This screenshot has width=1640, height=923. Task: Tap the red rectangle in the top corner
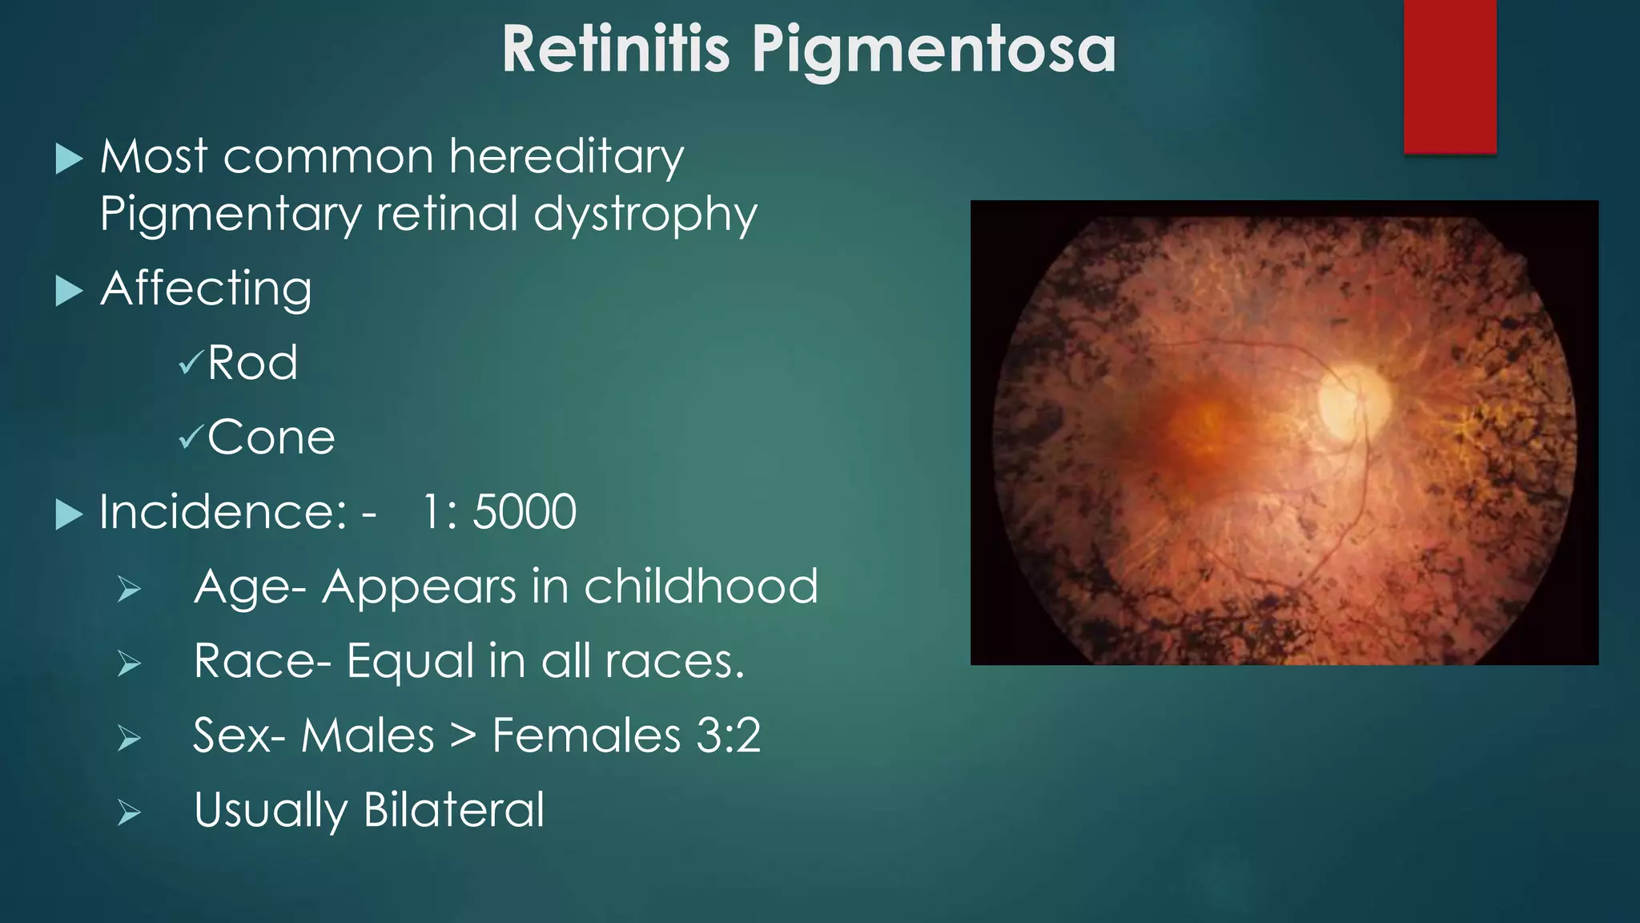click(1449, 76)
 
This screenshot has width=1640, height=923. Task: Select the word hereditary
click(566, 156)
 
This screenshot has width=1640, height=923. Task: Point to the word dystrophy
click(645, 215)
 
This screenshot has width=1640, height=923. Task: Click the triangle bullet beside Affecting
click(70, 291)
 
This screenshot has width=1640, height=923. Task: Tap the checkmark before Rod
click(191, 363)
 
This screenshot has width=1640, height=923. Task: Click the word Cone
click(271, 437)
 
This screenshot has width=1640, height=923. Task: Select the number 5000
click(524, 512)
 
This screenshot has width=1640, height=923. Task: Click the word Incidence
click(223, 512)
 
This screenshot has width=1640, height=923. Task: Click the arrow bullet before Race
click(129, 664)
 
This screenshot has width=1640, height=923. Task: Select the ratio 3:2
click(728, 736)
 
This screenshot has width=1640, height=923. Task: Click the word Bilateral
click(453, 809)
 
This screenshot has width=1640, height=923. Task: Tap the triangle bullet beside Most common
click(70, 159)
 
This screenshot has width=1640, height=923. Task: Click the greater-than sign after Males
click(463, 736)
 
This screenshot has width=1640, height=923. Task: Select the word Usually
click(270, 810)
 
